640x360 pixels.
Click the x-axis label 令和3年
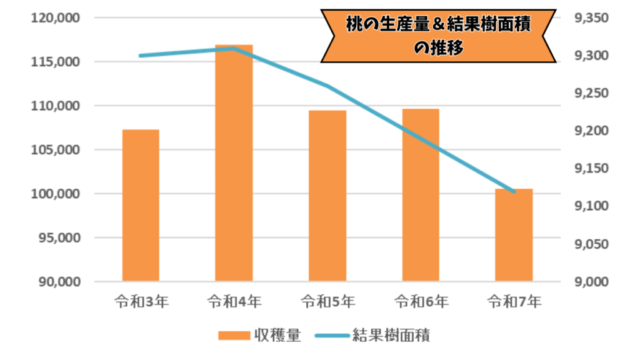pyautogui.click(x=141, y=302)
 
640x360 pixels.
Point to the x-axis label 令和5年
pyautogui.click(x=327, y=302)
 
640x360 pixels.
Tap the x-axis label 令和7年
pyautogui.click(x=514, y=302)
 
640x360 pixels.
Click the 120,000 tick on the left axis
pyautogui.click(x=56, y=18)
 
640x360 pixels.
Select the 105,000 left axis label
pyautogui.click(x=56, y=150)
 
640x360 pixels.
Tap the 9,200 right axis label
pyautogui.click(x=590, y=131)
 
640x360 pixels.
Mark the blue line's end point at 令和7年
pyautogui.click(x=514, y=192)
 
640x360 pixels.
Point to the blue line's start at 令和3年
pyautogui.click(x=141, y=56)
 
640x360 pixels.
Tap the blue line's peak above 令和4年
pyautogui.click(x=234, y=48)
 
